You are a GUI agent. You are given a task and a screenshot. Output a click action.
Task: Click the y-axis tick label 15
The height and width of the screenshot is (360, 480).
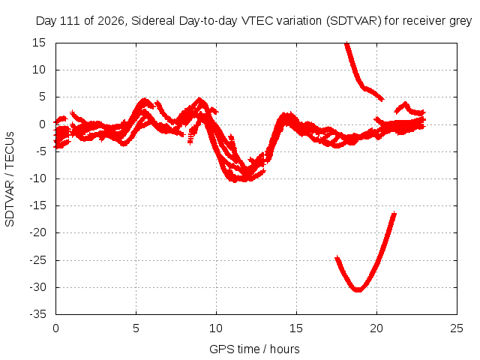pos(39,43)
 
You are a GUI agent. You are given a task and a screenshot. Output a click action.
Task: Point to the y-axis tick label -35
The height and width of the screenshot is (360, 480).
pos(38,314)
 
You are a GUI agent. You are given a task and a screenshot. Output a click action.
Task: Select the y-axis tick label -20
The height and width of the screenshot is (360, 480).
pos(38,232)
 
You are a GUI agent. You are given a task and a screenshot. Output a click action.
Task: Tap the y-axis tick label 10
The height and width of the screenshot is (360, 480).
pos(39,70)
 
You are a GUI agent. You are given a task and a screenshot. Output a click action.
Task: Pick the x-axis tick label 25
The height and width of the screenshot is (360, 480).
pos(457,328)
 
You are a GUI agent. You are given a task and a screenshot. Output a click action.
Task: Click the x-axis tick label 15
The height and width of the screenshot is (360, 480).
pos(296,328)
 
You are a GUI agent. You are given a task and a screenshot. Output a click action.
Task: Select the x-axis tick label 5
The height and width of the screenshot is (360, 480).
pos(136,328)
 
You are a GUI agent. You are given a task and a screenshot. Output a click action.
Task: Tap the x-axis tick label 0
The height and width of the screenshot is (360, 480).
pos(55,328)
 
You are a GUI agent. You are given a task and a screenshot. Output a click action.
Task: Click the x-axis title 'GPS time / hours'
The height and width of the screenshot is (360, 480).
pos(254,349)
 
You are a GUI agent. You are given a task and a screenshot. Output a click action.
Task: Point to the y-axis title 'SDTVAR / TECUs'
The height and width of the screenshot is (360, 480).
pos(10,179)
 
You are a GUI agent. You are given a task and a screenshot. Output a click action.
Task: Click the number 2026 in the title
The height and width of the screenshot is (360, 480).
pos(110,21)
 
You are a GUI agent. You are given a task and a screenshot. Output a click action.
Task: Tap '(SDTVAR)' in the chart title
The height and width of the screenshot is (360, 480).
pos(353,21)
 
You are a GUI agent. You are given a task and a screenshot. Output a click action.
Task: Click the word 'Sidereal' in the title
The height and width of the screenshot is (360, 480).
pos(153,21)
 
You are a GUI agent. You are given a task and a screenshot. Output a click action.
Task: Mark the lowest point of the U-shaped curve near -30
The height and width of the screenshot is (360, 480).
pos(358,289)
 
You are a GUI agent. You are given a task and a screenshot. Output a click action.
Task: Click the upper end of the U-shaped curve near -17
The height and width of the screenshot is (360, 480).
pos(394,214)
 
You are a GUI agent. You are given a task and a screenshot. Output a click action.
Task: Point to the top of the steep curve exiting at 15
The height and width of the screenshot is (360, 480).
pos(346,43)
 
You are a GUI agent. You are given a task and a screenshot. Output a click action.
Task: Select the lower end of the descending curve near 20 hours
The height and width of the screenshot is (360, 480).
pos(382,99)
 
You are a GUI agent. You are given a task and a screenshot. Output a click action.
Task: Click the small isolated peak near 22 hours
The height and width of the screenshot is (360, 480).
pos(405,103)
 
